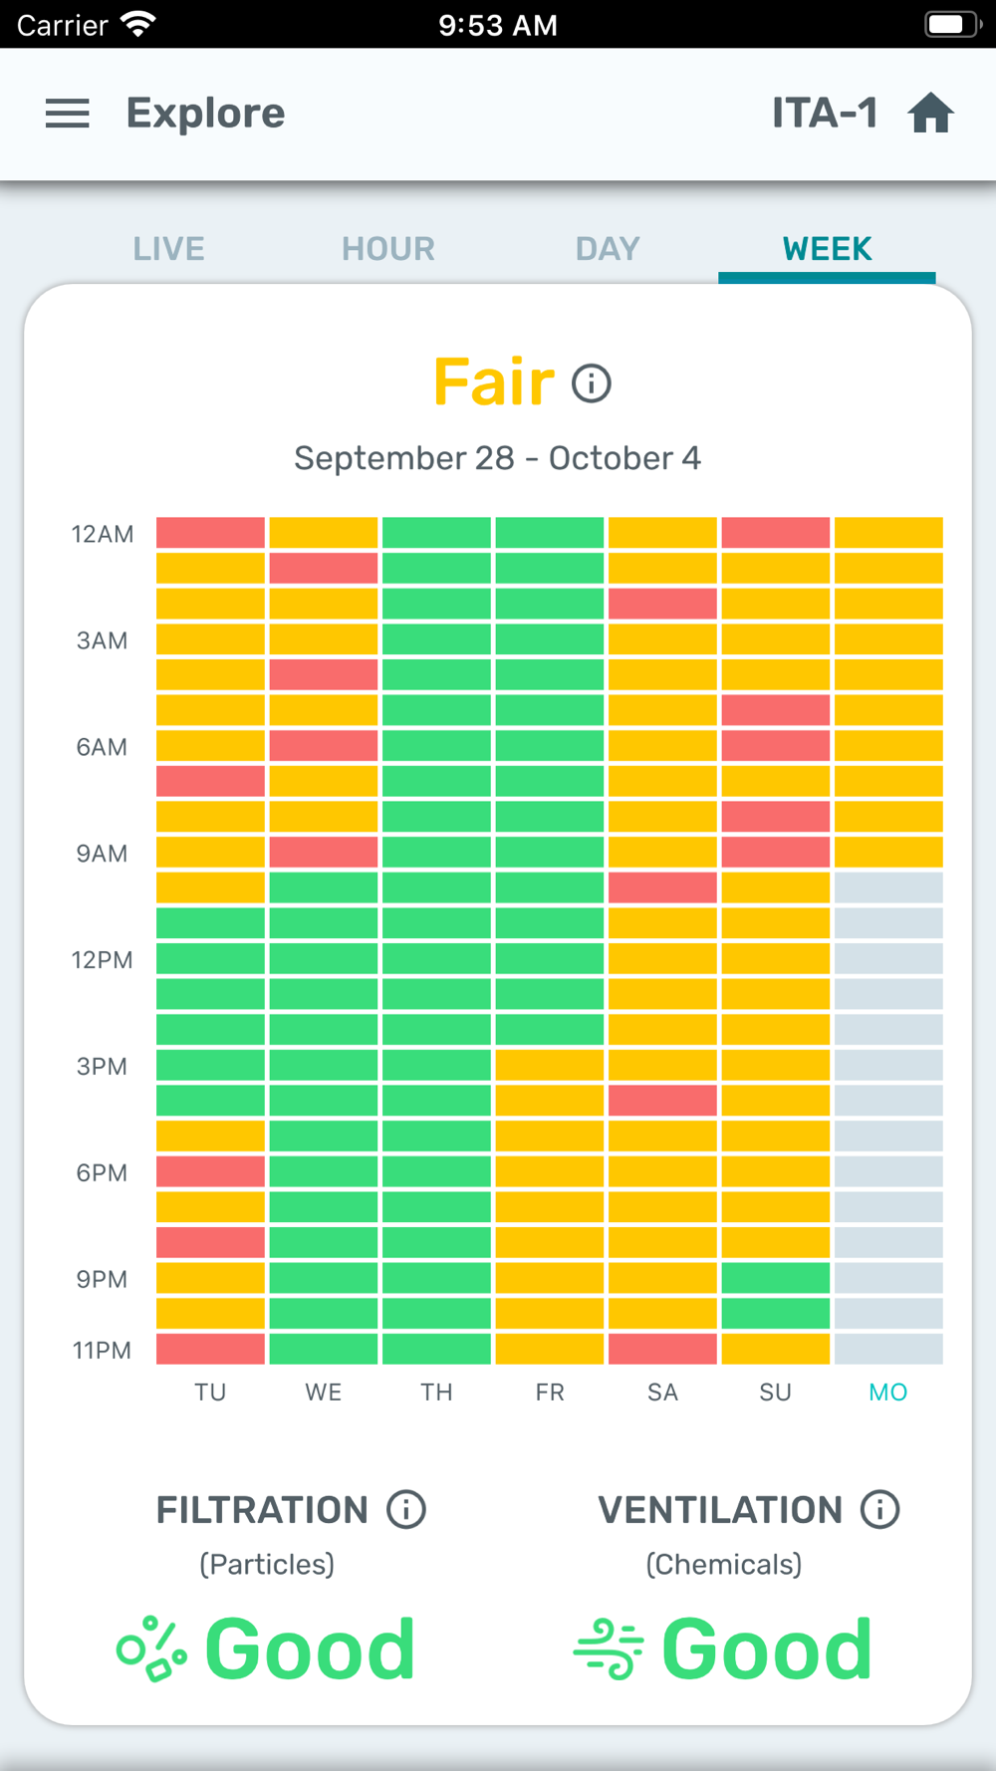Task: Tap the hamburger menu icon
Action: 68,114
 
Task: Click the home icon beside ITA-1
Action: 931,114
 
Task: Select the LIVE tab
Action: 169,249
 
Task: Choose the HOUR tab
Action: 388,249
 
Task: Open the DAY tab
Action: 608,249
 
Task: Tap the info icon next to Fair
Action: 592,383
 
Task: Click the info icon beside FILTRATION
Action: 406,1510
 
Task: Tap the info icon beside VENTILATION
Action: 880,1510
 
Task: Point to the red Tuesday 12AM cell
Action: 211,533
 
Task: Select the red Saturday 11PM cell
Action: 662,1349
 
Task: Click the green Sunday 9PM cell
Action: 776,1278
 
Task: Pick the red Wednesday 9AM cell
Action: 324,853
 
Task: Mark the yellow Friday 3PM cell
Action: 550,1066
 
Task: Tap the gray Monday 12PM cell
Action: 888,959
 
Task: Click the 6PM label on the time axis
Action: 102,1173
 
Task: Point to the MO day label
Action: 888,1392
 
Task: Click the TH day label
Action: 436,1392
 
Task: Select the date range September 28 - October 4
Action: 498,458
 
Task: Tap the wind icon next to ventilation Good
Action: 609,1649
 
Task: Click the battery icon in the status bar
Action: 952,24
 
